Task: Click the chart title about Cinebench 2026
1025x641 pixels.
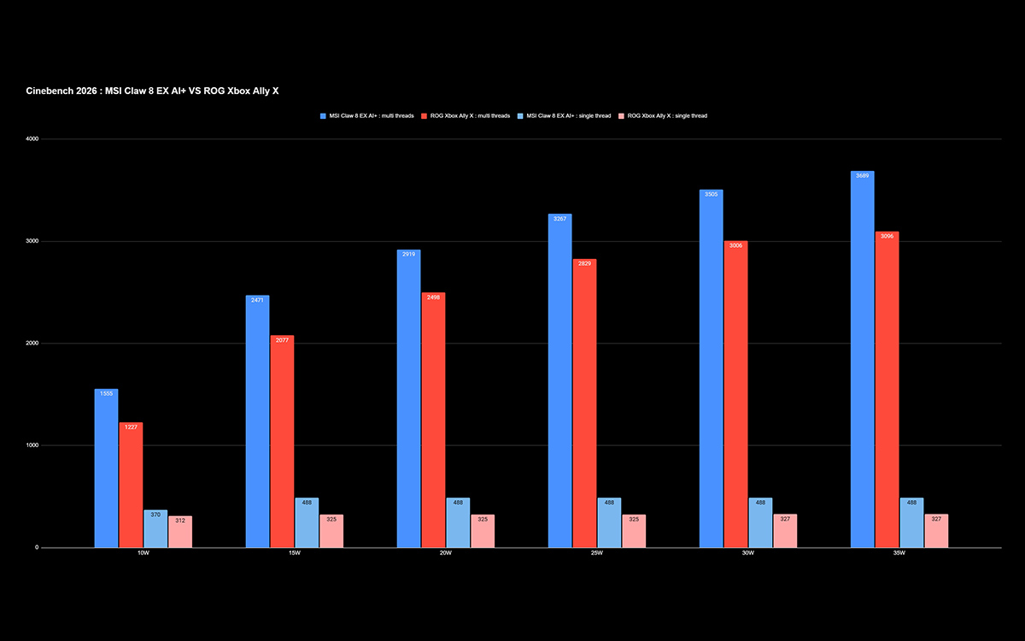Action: pyautogui.click(x=152, y=91)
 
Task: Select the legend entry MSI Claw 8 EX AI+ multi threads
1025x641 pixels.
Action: pyautogui.click(x=367, y=116)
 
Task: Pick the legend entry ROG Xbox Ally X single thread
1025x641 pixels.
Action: pyautogui.click(x=663, y=116)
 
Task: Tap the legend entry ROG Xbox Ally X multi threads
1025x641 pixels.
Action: pyautogui.click(x=466, y=116)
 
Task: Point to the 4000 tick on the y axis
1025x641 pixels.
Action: pyautogui.click(x=32, y=138)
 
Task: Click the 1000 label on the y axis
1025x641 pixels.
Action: pyautogui.click(x=32, y=445)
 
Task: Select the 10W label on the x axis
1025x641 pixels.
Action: pyautogui.click(x=143, y=553)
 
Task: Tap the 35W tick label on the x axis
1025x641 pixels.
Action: pyautogui.click(x=899, y=553)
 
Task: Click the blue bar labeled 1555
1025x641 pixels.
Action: pyautogui.click(x=106, y=468)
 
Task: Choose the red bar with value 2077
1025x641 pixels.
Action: pyautogui.click(x=282, y=441)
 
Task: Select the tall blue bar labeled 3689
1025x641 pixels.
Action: pyautogui.click(x=863, y=360)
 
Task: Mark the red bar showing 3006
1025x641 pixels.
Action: pyautogui.click(x=735, y=394)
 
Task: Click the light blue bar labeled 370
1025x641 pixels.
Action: pyautogui.click(x=155, y=529)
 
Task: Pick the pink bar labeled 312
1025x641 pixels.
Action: pyautogui.click(x=180, y=532)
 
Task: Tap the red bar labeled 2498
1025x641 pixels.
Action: pyautogui.click(x=433, y=420)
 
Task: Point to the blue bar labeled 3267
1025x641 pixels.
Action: pyautogui.click(x=560, y=380)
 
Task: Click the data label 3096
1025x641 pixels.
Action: pyautogui.click(x=887, y=236)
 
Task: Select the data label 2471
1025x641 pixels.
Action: pyautogui.click(x=257, y=300)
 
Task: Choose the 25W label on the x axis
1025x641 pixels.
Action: pyautogui.click(x=597, y=553)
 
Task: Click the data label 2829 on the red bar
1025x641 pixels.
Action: pyautogui.click(x=584, y=264)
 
